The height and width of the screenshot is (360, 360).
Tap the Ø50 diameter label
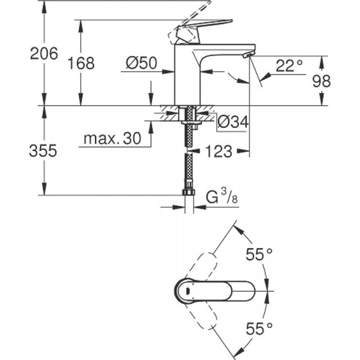click(141, 63)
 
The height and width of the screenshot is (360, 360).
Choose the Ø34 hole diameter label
click(232, 123)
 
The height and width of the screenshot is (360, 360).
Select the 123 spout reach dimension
click(218, 152)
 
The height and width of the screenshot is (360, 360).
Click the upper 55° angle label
click(258, 255)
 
